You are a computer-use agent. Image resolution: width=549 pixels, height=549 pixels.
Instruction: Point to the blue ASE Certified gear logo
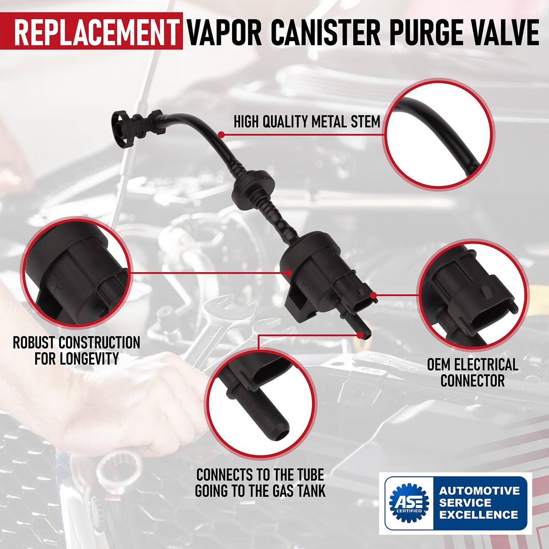point(409,505)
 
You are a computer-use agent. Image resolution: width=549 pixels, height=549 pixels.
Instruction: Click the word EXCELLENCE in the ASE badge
point(479,515)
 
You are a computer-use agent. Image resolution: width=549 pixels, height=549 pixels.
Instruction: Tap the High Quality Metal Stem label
point(307,122)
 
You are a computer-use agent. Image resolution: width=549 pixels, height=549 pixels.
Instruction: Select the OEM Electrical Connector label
point(473,372)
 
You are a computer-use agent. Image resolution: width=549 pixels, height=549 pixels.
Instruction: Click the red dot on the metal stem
point(221,135)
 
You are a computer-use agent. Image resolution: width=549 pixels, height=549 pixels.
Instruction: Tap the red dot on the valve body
point(288,273)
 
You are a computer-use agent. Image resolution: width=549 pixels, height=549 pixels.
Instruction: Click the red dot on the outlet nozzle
point(361,335)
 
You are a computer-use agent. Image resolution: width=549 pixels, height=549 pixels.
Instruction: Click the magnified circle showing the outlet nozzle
point(260,403)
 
